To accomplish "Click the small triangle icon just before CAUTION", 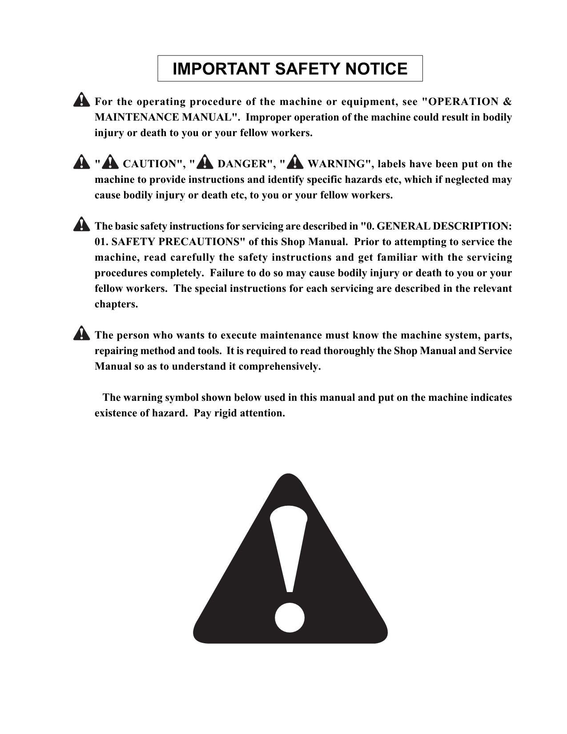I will (x=109, y=163).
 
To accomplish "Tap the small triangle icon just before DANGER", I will (x=205, y=163).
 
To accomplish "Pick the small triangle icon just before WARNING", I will (x=295, y=163).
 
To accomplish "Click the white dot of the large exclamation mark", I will (x=290, y=617).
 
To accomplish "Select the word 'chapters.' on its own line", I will (x=116, y=304).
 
